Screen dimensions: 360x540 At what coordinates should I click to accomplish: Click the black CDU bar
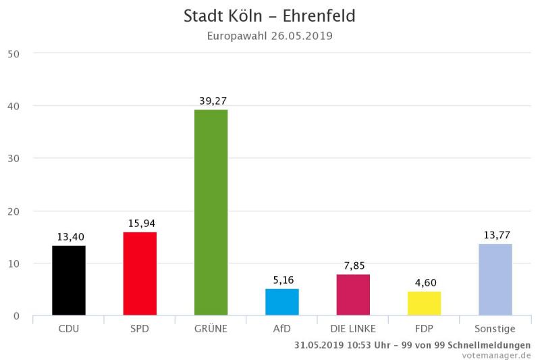point(69,280)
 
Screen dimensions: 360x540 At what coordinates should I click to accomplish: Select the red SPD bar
point(140,274)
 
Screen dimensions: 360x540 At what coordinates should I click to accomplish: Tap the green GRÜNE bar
point(211,212)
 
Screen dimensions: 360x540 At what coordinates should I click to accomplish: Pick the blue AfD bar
point(282,302)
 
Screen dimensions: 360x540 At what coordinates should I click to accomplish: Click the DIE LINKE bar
point(353,294)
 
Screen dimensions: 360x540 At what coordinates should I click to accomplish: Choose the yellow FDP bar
point(424,303)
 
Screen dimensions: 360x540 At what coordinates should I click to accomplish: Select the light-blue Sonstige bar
point(495,279)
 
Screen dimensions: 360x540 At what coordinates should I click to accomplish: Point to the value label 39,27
point(213,101)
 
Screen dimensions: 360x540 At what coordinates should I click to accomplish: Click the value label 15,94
point(142,223)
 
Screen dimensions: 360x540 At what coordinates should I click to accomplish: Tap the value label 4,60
point(425,282)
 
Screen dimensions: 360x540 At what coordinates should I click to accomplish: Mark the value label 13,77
point(496,234)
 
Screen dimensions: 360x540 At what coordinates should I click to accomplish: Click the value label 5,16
point(283,280)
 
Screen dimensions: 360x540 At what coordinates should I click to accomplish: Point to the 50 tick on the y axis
point(13,53)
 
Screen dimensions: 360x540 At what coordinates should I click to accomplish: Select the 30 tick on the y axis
point(13,158)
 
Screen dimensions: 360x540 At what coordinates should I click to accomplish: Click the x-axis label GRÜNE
point(211,329)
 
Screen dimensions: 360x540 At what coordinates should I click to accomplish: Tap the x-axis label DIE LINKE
point(353,329)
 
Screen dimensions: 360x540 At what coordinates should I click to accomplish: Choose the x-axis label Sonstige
point(495,329)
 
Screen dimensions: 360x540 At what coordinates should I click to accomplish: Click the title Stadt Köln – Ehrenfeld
point(269,16)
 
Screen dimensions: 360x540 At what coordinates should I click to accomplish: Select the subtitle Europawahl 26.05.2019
point(269,35)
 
